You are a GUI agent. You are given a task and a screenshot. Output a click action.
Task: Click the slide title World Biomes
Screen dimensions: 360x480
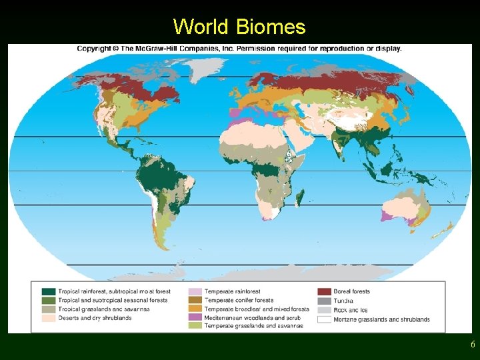(x=239, y=27)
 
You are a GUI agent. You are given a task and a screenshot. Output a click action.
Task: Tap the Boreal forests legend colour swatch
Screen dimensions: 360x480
(x=324, y=292)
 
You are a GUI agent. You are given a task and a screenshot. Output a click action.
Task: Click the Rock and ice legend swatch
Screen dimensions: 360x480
(x=324, y=310)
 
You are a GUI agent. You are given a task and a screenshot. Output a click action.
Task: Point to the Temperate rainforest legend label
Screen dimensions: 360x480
(x=232, y=291)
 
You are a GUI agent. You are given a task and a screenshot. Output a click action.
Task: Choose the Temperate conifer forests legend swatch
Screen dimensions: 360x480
(x=195, y=301)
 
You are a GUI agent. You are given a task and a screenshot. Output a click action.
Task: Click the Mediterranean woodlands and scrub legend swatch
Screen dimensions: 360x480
(x=195, y=318)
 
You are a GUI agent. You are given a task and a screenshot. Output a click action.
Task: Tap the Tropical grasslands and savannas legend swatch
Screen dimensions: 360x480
(x=48, y=309)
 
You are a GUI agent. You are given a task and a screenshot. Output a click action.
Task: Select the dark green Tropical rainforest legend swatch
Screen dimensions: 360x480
(x=48, y=292)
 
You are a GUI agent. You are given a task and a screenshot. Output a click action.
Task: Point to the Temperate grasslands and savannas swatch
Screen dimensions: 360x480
(x=195, y=326)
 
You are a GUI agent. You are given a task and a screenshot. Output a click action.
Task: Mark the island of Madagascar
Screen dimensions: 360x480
(x=300, y=197)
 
